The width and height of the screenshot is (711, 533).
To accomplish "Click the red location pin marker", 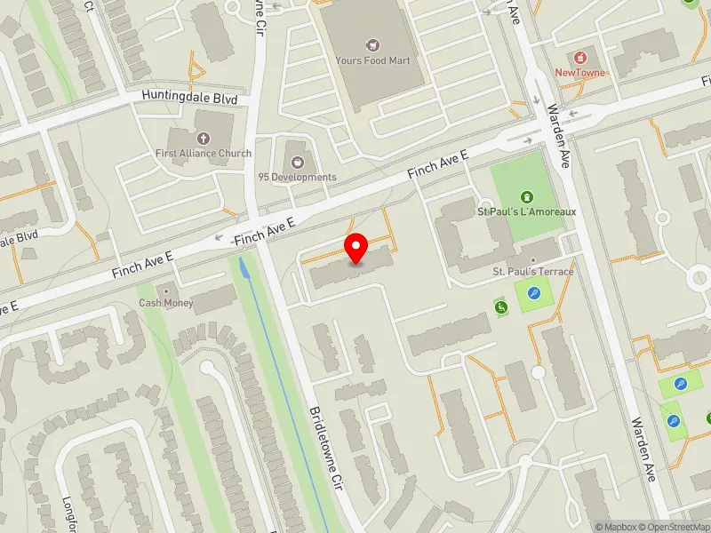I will tap(356, 248).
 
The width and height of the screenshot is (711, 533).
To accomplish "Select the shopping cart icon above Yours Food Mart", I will tap(371, 44).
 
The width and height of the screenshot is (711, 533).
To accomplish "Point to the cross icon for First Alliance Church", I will tap(203, 138).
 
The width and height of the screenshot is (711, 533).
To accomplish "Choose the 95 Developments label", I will tap(297, 177).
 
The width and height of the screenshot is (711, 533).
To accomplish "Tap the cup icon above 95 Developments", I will tap(297, 161).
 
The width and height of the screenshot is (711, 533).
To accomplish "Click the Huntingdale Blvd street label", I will tap(193, 98).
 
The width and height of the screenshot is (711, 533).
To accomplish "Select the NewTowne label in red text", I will tap(580, 73).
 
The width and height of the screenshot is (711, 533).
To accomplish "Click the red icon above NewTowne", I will tap(581, 56).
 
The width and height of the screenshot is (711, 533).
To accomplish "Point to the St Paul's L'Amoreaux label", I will tap(527, 211).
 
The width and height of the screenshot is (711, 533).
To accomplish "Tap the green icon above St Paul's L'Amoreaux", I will tap(527, 195).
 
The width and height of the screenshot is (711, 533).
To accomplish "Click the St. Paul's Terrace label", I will tap(533, 271).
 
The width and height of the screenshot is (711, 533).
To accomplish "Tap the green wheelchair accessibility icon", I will tap(501, 307).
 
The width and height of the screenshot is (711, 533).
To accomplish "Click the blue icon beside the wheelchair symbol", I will tap(533, 294).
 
